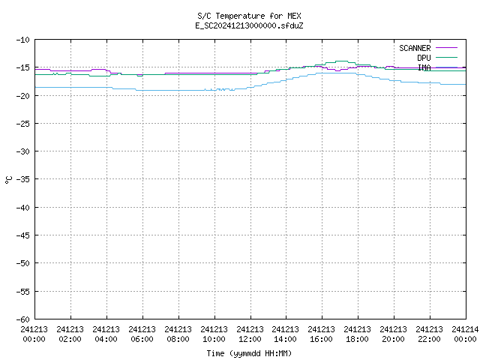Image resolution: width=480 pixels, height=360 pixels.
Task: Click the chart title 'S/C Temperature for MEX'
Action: (249, 16)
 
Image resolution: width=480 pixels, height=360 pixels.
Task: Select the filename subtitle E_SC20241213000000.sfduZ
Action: (249, 25)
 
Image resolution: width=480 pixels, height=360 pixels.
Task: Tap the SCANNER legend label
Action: (415, 48)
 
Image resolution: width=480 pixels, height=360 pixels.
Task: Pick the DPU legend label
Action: (424, 58)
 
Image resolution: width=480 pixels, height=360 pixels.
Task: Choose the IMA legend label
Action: (424, 67)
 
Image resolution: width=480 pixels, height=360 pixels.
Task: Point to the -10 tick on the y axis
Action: (23, 40)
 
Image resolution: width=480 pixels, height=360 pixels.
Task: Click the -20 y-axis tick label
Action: (23, 96)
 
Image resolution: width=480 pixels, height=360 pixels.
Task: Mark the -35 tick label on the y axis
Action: (23, 179)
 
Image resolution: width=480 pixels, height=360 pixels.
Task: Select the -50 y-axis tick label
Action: (23, 263)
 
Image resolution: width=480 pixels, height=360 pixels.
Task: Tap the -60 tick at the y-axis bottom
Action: (23, 319)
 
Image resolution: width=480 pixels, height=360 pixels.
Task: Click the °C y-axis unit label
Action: (8, 180)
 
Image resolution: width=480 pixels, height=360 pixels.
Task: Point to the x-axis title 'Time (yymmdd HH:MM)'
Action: (249, 353)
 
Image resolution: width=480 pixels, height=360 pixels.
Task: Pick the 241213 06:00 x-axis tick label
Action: (142, 334)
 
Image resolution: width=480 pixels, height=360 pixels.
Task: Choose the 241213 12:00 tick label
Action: (250, 334)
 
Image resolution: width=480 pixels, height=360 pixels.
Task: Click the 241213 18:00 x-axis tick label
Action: (357, 334)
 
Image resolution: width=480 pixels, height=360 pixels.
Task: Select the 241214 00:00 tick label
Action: (465, 334)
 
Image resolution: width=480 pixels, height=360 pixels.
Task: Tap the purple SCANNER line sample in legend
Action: (446, 48)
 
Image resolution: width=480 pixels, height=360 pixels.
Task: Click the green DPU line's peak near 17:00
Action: (341, 61)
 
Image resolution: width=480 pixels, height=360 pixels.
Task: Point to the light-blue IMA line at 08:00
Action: (178, 90)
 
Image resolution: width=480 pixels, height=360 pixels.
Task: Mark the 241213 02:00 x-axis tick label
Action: (70, 334)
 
